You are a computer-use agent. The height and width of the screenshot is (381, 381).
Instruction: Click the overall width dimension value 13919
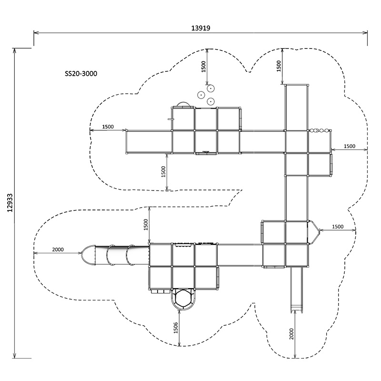pos(201,28)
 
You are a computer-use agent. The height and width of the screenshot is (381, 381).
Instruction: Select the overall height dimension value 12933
pos(10,203)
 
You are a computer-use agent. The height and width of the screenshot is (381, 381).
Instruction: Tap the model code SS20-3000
pos(81,74)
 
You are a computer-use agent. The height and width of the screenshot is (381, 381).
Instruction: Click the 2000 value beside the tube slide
pos(58,250)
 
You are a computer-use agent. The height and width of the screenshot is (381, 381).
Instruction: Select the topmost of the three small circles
pos(211,88)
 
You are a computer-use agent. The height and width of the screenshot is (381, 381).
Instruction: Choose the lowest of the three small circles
pos(210,101)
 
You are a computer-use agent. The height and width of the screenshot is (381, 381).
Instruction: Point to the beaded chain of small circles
pos(320,130)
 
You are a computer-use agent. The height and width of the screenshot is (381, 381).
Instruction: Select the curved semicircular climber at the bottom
pos(183,300)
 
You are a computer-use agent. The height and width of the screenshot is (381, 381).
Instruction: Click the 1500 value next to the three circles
pos(204,67)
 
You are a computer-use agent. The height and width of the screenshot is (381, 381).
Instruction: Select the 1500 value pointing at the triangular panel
pos(337,227)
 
